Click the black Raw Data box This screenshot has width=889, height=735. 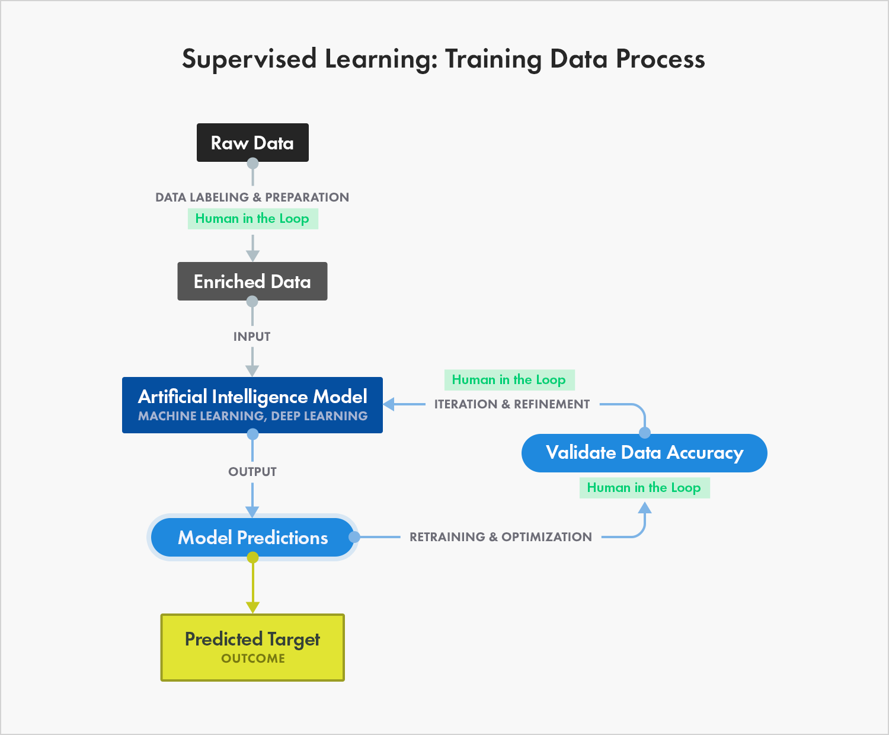tap(252, 142)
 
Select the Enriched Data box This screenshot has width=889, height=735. tap(252, 281)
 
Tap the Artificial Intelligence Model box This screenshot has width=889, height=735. tap(252, 404)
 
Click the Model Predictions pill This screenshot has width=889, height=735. tap(252, 538)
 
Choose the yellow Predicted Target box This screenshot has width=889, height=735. tap(252, 647)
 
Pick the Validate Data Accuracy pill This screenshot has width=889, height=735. tap(644, 453)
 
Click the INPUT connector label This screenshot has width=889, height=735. tap(252, 337)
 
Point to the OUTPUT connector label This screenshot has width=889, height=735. tap(252, 472)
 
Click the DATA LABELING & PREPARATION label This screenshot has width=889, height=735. tap(252, 197)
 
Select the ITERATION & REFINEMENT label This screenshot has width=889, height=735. tap(512, 404)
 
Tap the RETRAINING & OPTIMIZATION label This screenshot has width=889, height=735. tap(501, 537)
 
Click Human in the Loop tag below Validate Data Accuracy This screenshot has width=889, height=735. tap(644, 488)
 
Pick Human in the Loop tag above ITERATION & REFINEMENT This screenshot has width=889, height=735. tap(509, 380)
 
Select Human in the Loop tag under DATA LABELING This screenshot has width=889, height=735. tap(252, 219)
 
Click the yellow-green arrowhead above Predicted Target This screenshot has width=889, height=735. tap(252, 607)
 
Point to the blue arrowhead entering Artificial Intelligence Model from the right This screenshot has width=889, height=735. tap(389, 404)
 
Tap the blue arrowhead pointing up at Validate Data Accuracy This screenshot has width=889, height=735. tap(645, 507)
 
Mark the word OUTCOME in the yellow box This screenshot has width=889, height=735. tap(253, 659)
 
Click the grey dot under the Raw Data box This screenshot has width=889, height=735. tap(252, 163)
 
